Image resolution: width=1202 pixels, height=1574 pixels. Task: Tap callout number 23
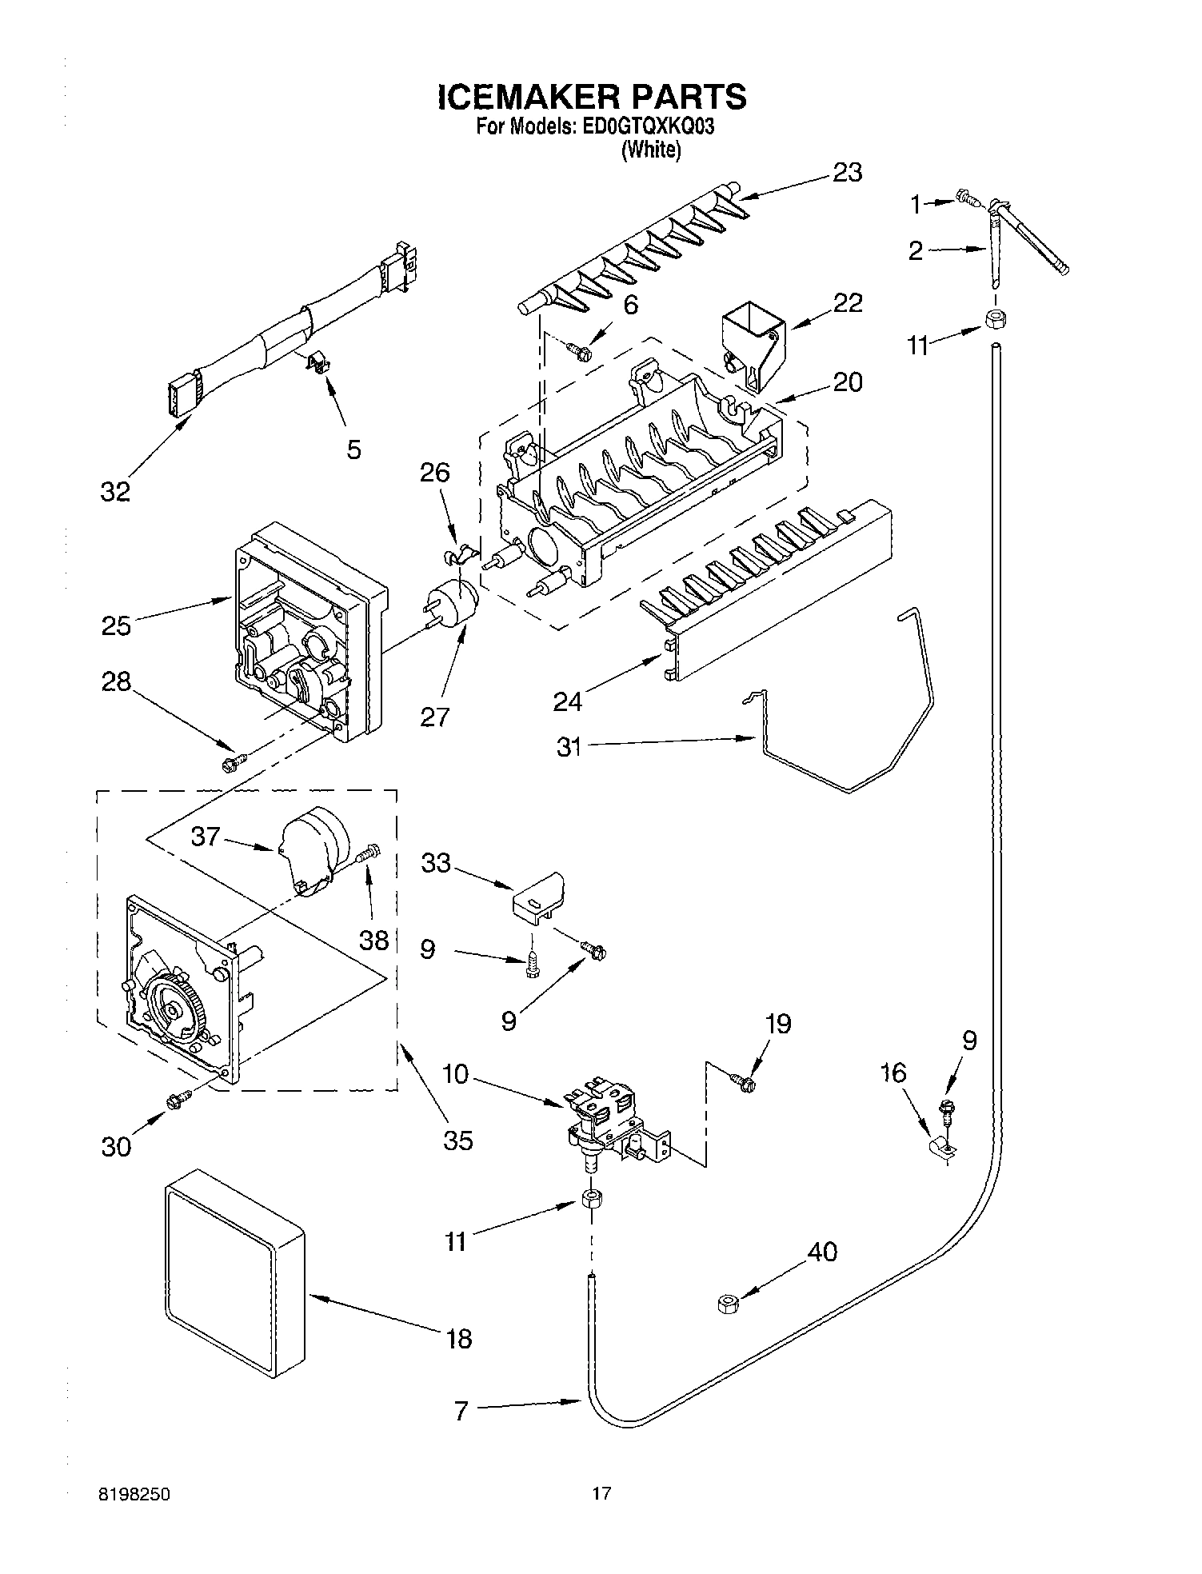pyautogui.click(x=848, y=173)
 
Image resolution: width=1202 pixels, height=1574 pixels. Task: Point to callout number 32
pyautogui.click(x=115, y=492)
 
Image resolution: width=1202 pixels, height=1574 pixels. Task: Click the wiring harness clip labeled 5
pyautogui.click(x=319, y=365)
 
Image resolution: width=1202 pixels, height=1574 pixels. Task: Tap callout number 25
pyautogui.click(x=116, y=625)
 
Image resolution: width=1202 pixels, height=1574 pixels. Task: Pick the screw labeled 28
pyautogui.click(x=232, y=764)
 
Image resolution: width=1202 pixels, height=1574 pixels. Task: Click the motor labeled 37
pyautogui.click(x=316, y=850)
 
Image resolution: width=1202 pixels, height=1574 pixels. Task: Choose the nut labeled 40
pyautogui.click(x=727, y=1304)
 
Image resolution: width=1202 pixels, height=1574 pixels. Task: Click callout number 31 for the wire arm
pyautogui.click(x=569, y=748)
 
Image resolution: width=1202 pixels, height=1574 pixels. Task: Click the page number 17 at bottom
pyautogui.click(x=601, y=1492)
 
